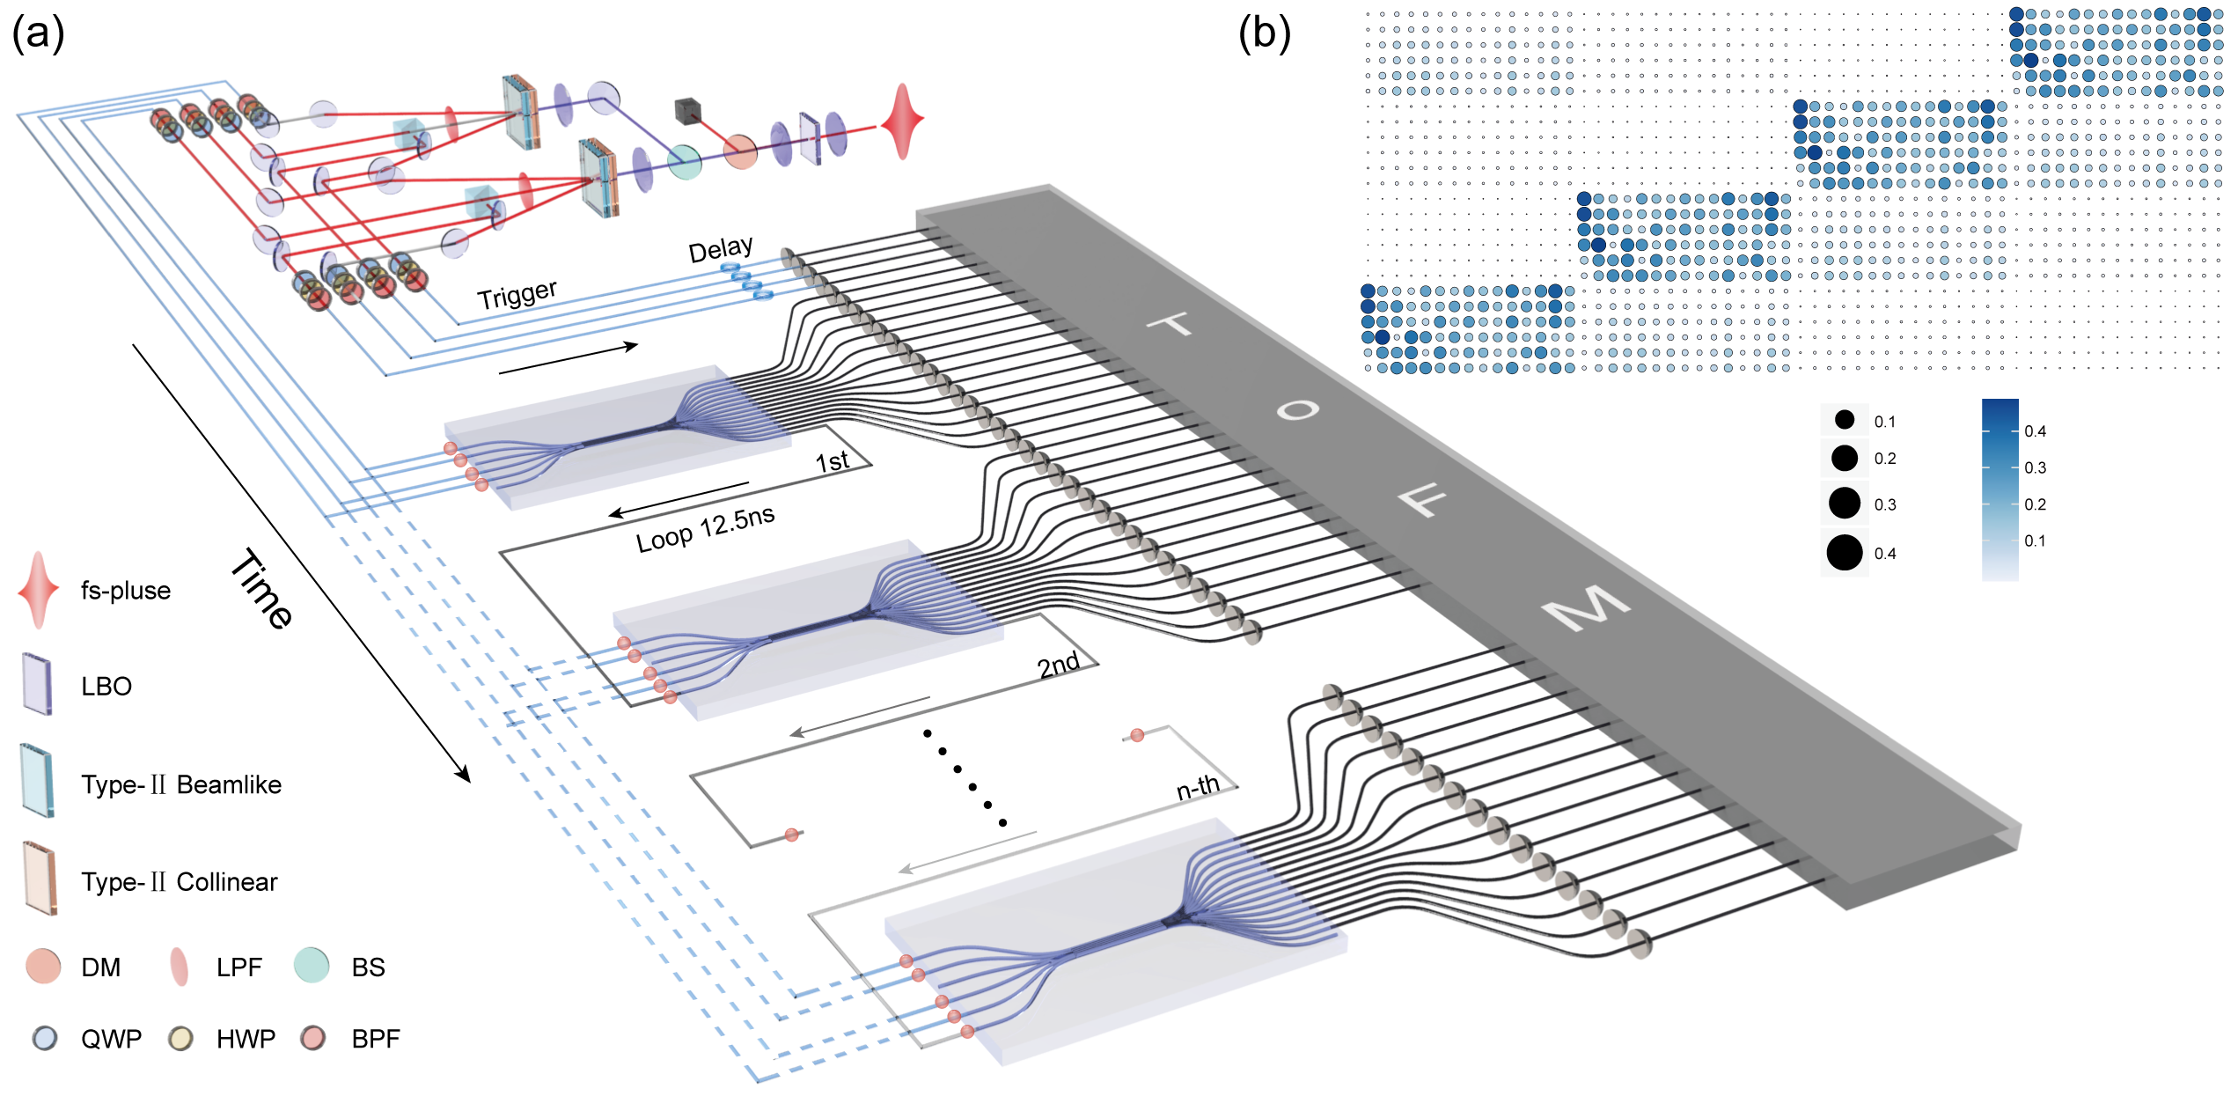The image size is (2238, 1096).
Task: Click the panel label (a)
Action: (x=38, y=35)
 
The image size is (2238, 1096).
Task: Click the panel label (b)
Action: (x=1264, y=35)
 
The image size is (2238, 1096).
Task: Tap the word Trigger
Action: (x=517, y=295)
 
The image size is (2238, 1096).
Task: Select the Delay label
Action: (x=720, y=250)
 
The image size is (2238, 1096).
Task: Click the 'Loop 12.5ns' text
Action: (x=705, y=529)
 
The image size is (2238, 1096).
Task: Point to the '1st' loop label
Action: (x=832, y=460)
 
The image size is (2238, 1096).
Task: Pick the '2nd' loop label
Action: (x=1058, y=665)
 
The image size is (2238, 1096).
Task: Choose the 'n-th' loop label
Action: (x=1198, y=787)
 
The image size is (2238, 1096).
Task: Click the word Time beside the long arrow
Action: (x=261, y=588)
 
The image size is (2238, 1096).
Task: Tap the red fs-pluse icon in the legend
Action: (x=38, y=590)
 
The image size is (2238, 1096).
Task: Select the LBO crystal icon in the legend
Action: (x=37, y=684)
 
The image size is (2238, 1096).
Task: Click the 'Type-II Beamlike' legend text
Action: (x=181, y=784)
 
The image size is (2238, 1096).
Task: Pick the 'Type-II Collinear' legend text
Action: (x=180, y=882)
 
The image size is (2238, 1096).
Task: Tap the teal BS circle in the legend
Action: (x=312, y=966)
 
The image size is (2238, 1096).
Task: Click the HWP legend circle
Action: (x=180, y=1039)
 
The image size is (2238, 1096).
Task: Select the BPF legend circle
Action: (x=312, y=1039)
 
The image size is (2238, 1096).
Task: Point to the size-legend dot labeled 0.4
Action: (x=1844, y=553)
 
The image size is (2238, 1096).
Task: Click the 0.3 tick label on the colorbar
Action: (x=2035, y=467)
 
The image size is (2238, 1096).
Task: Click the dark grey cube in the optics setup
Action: (x=687, y=110)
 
